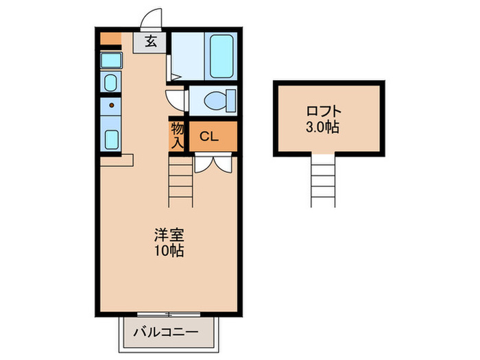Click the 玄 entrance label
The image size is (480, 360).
coord(151,41)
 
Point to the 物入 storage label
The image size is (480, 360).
coord(177,135)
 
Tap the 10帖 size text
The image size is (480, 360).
coord(167,250)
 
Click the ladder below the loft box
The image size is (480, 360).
coord(324,180)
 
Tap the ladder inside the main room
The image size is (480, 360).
coord(181,182)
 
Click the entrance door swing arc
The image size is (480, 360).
coord(152,19)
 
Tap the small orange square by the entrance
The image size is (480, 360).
coord(110,38)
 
